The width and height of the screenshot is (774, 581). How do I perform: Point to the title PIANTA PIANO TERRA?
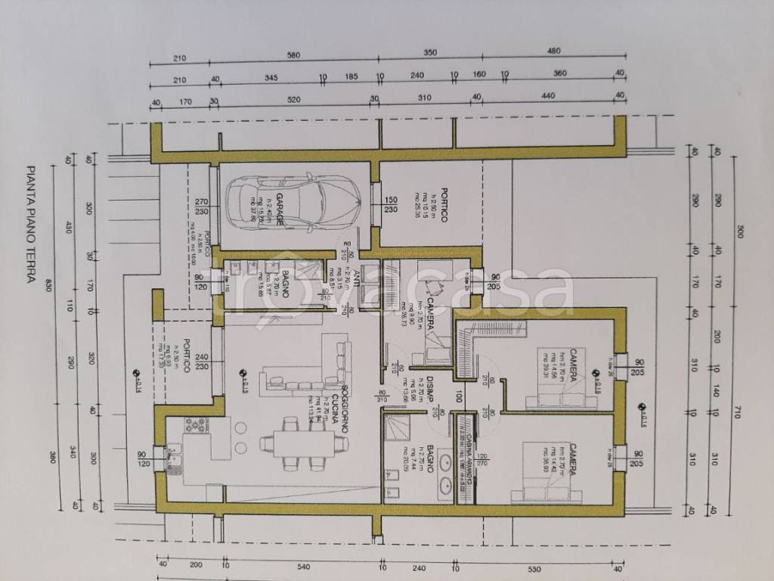pyautogui.click(x=31, y=225)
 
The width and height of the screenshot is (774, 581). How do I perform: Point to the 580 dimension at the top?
pyautogui.click(x=293, y=56)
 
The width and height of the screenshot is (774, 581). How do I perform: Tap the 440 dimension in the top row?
pyautogui.click(x=548, y=96)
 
